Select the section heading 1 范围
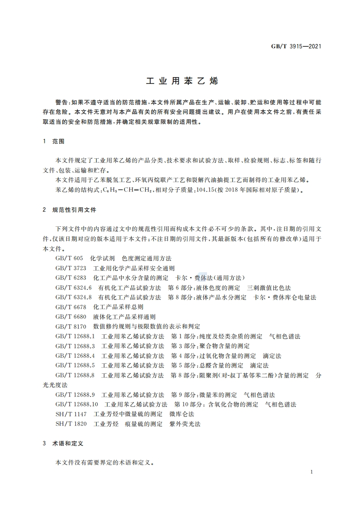click(54, 142)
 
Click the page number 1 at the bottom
click(312, 472)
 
